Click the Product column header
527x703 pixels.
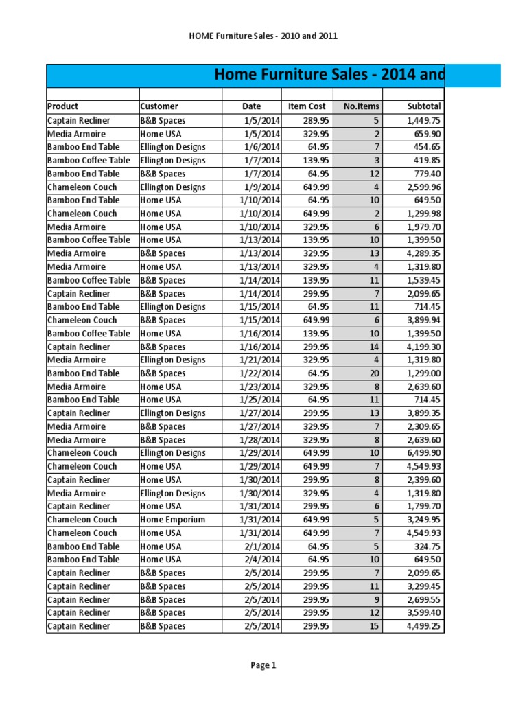[62, 106]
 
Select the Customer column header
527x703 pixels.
[159, 106]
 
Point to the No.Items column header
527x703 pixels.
[357, 106]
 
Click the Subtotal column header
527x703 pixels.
[424, 106]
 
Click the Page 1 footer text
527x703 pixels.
[263, 665]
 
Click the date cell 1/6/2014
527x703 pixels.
[262, 147]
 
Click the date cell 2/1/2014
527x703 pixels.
[262, 546]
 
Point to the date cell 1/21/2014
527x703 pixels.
[260, 360]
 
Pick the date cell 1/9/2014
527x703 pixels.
[262, 187]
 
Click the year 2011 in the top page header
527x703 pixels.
[327, 36]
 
